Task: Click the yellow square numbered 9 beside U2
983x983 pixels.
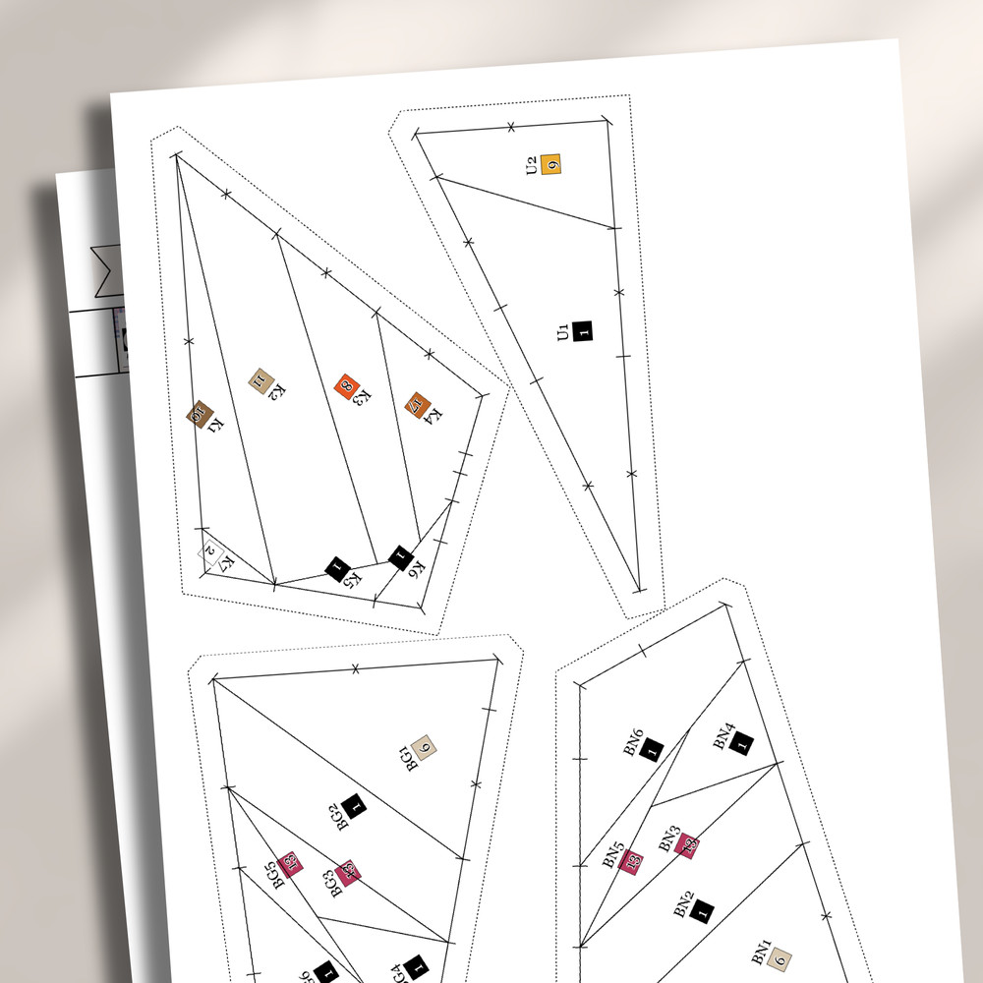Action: (x=552, y=164)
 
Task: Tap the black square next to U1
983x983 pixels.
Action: (x=584, y=331)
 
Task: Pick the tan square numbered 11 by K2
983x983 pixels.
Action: (x=260, y=379)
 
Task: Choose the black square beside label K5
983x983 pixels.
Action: (x=337, y=568)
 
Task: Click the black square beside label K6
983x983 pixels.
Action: (x=400, y=558)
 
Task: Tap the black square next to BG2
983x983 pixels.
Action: (x=355, y=805)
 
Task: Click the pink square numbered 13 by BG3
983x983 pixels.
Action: (x=346, y=873)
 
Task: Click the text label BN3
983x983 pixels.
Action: (x=668, y=838)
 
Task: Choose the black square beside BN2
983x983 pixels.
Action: (x=703, y=913)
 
